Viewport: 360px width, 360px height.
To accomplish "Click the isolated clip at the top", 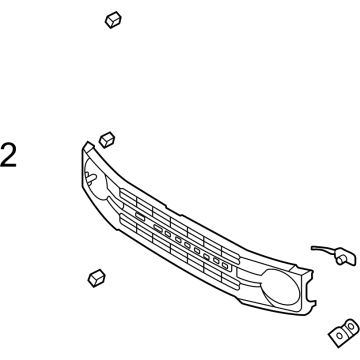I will coord(113,21).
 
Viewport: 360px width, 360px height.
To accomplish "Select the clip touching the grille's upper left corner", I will coord(107,139).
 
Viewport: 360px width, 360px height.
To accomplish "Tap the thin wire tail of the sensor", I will coord(321,247).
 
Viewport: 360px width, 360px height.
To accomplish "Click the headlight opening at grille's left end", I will coord(96,184).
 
